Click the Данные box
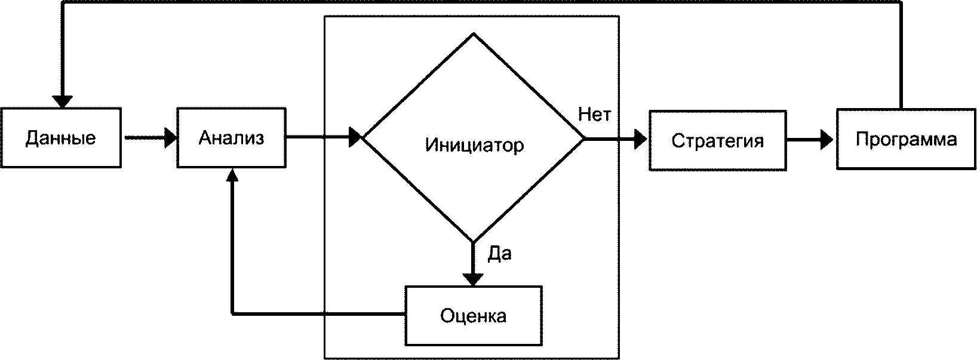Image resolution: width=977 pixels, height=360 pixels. tap(61, 138)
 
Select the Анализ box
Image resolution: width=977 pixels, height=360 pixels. tap(231, 138)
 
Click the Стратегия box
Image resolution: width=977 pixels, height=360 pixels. tap(717, 141)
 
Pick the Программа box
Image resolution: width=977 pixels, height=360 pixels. tap(906, 140)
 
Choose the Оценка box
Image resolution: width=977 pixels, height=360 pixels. tap(474, 315)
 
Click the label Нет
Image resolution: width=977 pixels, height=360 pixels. tap(594, 114)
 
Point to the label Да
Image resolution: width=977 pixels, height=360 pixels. tap(500, 254)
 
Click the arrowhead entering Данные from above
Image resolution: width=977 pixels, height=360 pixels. tap(62, 101)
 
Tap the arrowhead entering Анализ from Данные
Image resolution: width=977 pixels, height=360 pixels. tap(171, 138)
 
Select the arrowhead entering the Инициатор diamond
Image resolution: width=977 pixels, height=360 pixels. tap(356, 138)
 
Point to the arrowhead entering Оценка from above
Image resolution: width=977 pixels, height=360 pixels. tap(474, 279)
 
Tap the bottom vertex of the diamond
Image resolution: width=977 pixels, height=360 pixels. tap(474, 242)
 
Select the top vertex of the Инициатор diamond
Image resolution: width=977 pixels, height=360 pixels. tap(474, 34)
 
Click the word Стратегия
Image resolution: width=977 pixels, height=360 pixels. tap(717, 141)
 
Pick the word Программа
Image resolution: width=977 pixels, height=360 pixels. tap(906, 140)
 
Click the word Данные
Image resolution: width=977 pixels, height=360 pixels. tap(61, 138)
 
